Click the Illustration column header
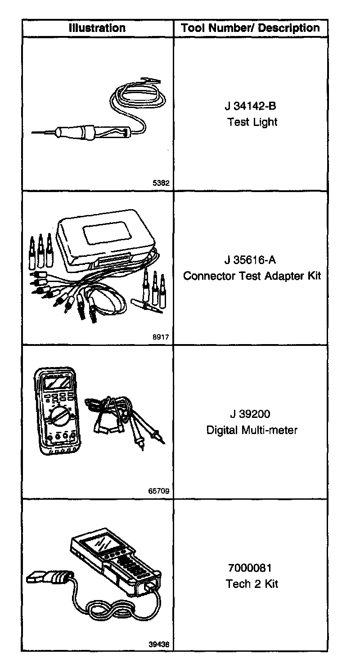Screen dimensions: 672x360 coord(97,28)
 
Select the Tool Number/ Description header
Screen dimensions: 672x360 coord(250,28)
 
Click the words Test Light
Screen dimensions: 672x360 coord(252,122)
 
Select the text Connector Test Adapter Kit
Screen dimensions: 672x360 coord(252,275)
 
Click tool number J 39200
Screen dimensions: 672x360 coord(252,414)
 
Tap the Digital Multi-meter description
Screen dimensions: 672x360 coord(252,430)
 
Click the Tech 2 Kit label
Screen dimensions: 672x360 coord(252,584)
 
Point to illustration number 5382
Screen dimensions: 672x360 coord(161,183)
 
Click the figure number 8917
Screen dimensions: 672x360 coord(161,336)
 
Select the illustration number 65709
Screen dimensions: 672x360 coord(159,491)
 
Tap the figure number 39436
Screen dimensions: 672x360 coord(159,644)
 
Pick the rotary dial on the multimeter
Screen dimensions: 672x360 coord(58,415)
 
